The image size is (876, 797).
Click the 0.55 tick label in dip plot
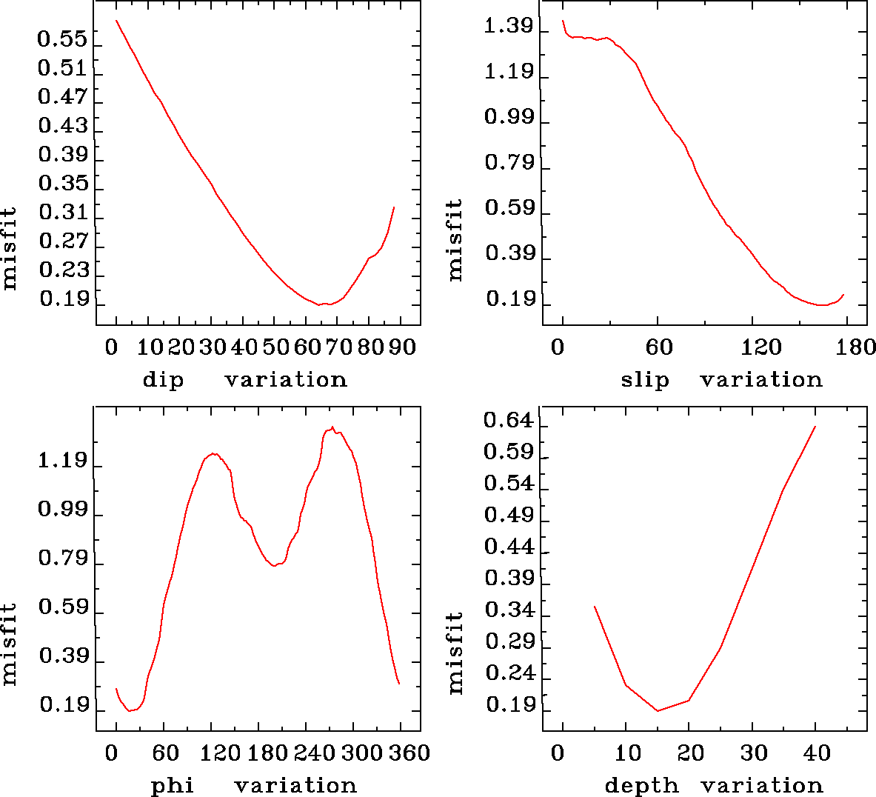coord(63,39)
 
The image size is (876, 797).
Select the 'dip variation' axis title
coord(244,380)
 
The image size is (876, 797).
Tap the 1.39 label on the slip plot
coord(509,27)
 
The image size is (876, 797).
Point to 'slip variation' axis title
coord(721,380)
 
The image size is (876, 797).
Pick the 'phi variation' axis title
coord(254,785)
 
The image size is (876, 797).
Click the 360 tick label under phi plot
coord(409,753)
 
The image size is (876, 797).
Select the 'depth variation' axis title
coord(714,785)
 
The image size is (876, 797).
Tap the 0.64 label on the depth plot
coord(509,421)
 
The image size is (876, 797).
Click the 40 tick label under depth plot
coord(817,753)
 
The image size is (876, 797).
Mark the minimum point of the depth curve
coord(657,711)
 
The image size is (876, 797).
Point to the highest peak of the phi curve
coord(332,427)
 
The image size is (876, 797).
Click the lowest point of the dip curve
coord(320,304)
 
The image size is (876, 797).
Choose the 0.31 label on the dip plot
coord(63,213)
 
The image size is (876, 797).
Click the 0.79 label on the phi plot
coord(63,558)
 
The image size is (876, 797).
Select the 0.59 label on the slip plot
coord(509,208)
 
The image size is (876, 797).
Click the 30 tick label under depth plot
coord(753,753)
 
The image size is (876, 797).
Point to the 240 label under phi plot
coord(313,753)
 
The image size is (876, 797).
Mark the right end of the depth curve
coord(815,427)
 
